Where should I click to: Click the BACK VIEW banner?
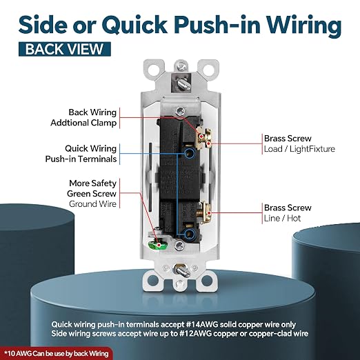tap(65, 49)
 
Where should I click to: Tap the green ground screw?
tap(158, 246)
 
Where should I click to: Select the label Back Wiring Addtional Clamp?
tap(83, 117)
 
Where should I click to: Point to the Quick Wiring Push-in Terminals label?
tap(81, 154)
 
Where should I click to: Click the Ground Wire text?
tap(92, 204)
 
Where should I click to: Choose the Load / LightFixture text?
tap(299, 149)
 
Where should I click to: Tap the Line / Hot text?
tap(282, 218)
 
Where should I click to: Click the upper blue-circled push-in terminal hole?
tap(190, 153)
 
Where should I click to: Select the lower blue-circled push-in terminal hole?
tap(190, 234)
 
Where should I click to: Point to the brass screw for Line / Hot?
tap(206, 212)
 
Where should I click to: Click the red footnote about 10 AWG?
tap(57, 353)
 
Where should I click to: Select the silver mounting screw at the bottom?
tap(181, 270)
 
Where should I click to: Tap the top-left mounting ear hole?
tap(153, 70)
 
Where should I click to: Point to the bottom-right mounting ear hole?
tap(208, 281)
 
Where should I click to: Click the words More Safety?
tap(92, 183)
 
